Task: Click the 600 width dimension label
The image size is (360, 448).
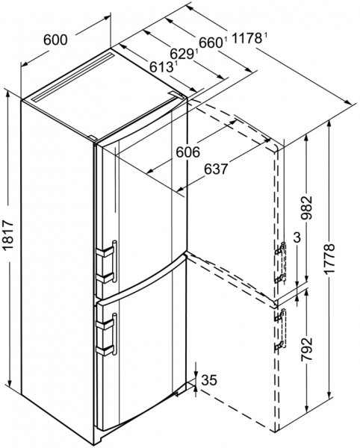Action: point(56,40)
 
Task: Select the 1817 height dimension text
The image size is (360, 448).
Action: point(9,234)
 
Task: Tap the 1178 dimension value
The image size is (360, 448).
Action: point(247,38)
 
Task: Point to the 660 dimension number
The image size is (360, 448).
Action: point(211,43)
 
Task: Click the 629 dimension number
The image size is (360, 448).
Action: point(182,54)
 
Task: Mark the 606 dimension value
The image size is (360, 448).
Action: point(187,152)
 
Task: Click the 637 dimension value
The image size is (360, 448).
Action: point(217,169)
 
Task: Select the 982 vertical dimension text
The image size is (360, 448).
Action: point(306,207)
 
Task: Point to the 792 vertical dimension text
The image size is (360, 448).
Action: point(306,349)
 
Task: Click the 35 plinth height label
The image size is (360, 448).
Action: point(209,380)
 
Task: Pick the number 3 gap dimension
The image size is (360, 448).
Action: point(297,237)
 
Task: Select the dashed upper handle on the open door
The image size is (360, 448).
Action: point(281,262)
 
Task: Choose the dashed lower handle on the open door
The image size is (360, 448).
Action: point(281,330)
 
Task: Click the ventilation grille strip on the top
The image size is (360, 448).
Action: point(73,77)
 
